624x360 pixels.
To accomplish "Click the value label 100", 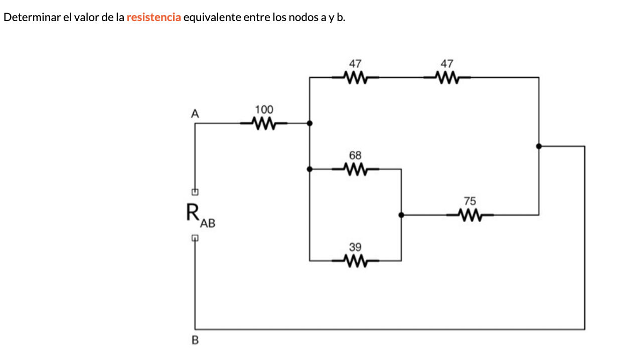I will pos(264,109).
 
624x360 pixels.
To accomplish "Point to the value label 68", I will pos(355,155).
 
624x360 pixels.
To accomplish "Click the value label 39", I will pos(355,247).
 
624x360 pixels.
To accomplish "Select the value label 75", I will pos(470,201).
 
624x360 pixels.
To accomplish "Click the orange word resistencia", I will pos(153,18).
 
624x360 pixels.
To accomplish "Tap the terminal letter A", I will pos(195,114).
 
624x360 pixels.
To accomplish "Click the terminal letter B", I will pos(195,341).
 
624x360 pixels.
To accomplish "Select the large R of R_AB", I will pos(193,212).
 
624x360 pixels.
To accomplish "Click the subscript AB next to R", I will pos(207,224).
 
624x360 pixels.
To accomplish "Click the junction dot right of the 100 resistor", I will pos(309,123).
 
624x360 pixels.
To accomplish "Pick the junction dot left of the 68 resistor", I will pos(309,169).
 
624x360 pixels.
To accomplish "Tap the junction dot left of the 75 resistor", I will pos(401,215).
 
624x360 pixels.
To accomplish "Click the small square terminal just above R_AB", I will pos(195,192).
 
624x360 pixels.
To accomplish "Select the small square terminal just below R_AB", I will pos(195,238).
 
